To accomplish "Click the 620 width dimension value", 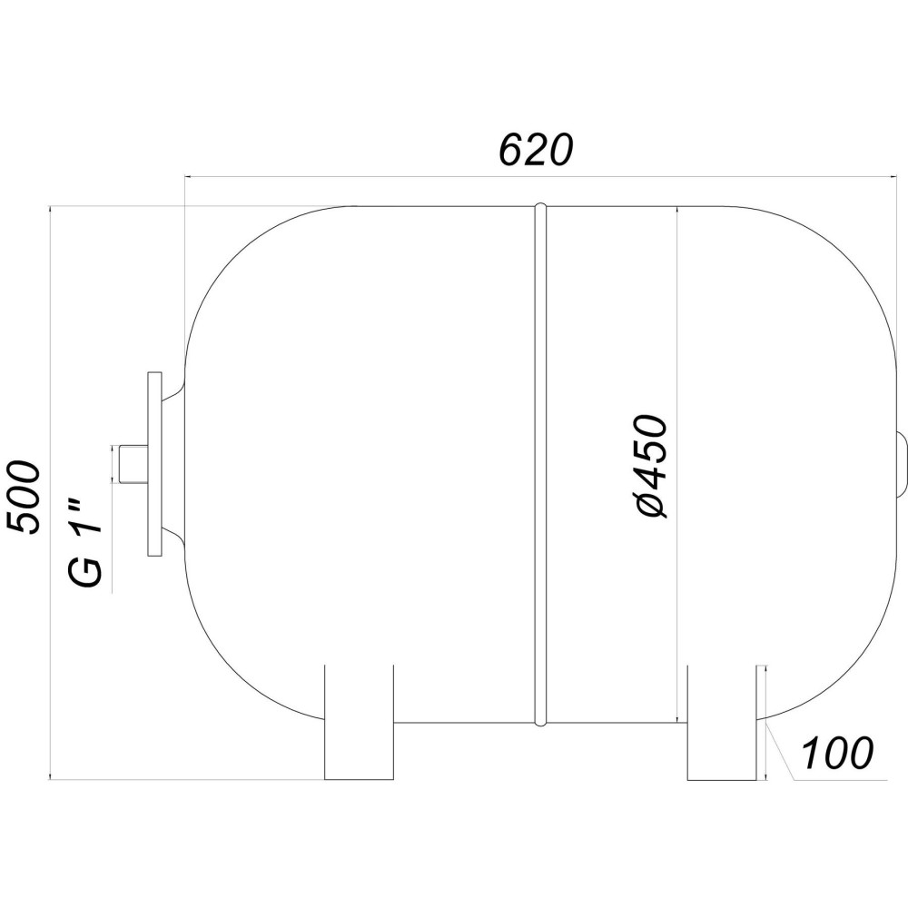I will click(536, 150).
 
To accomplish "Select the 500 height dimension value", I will click(25, 498).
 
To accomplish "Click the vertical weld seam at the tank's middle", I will click(540, 463).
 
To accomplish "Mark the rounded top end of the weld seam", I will click(540, 209).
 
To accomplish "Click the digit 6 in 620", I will click(512, 150).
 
